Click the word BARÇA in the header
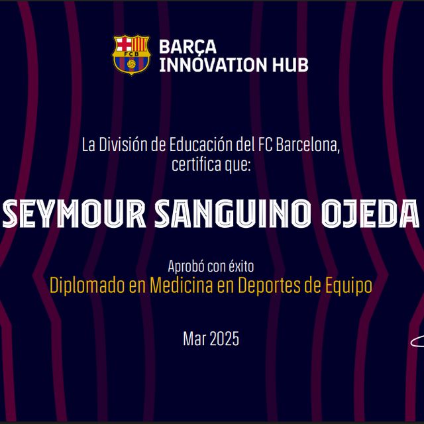[178, 47]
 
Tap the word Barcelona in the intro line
[311, 144]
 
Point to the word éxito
[240, 267]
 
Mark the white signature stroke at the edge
[417, 343]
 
